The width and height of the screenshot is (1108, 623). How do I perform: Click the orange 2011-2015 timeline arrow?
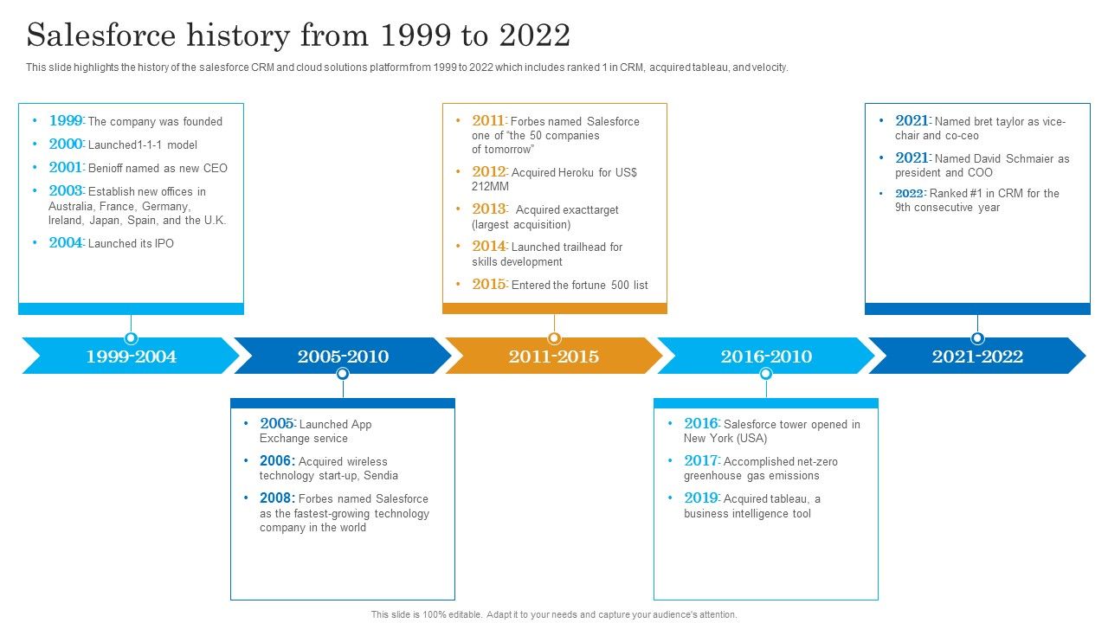[554, 356]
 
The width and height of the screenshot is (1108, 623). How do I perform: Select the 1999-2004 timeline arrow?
[131, 356]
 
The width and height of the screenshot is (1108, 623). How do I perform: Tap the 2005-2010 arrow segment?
[343, 356]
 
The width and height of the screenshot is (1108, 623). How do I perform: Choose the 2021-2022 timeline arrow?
[977, 356]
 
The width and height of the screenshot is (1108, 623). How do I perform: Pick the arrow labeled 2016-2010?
[766, 356]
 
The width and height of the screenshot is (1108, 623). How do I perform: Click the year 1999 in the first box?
[66, 121]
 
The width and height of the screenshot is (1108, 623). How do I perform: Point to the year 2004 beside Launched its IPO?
[66, 243]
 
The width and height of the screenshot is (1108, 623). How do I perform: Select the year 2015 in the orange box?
[489, 285]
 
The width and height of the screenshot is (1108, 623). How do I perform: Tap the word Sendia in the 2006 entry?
[381, 475]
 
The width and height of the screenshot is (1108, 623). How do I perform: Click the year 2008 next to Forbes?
[277, 498]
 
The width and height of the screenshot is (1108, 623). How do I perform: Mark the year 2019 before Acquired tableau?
[701, 498]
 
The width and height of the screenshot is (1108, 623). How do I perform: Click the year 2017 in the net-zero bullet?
[701, 461]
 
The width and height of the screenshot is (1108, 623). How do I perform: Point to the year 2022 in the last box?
[910, 194]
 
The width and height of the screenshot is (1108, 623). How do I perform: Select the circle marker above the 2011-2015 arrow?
[554, 338]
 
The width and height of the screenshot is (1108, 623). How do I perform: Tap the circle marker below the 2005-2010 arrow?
[343, 374]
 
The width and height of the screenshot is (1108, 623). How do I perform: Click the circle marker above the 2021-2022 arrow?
[977, 338]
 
